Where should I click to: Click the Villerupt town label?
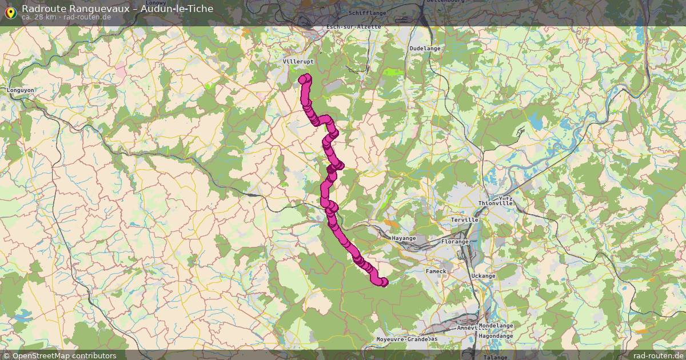pos(298,61)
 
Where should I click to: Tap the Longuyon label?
pos(21,90)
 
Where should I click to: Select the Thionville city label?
pos(496,203)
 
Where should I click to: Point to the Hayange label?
pos(404,238)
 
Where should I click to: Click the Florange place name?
pos(455,242)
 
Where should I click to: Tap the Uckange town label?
pos(483,276)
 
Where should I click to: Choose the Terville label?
pos(464,220)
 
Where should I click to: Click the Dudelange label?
pos(425,49)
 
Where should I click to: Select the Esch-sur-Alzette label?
pos(353,27)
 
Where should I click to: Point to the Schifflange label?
pos(367,13)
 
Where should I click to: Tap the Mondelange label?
pos(496,326)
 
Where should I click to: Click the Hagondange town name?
pos(496,336)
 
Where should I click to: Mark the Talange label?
pos(494,357)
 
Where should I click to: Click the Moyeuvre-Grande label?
pos(402,339)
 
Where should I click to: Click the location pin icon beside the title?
pos(10,11)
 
